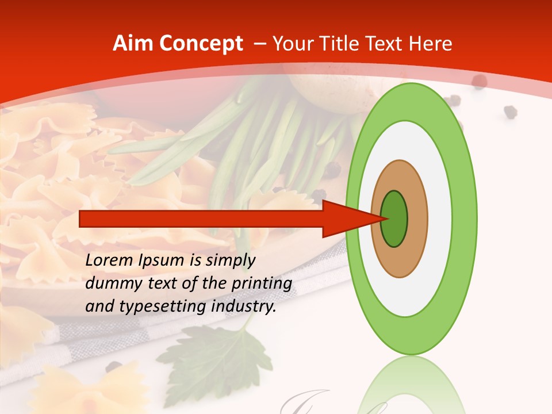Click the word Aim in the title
pos(134,44)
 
